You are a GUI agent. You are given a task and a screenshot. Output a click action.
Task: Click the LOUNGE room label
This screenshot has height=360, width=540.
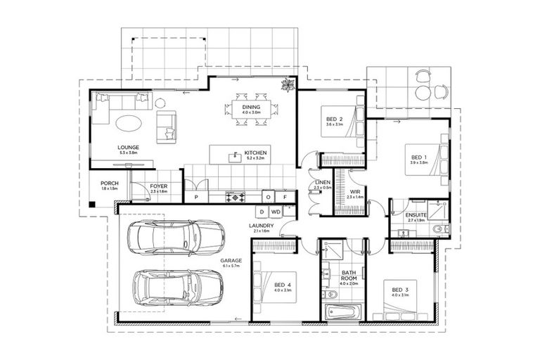tap(128, 147)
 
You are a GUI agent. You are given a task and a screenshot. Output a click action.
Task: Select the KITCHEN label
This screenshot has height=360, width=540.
tap(254, 153)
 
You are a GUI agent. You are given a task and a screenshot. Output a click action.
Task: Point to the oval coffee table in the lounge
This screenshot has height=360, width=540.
tap(128, 122)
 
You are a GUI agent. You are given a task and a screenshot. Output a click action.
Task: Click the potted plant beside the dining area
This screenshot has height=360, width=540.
tap(287, 86)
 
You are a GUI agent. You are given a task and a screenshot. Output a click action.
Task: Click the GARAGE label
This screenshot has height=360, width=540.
tap(230, 260)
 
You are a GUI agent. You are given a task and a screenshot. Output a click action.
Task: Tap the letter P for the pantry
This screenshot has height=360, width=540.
tap(196, 198)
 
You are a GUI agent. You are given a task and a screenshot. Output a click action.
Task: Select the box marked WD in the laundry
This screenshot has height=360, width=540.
tap(276, 211)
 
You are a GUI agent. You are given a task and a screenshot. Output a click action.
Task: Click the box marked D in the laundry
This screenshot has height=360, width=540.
tap(261, 211)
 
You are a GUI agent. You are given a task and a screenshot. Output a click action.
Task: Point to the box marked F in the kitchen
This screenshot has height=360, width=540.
tap(285, 198)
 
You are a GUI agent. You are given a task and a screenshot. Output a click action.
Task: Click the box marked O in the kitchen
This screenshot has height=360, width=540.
tap(269, 198)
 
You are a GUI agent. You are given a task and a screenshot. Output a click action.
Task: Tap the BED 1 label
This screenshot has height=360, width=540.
tap(418, 157)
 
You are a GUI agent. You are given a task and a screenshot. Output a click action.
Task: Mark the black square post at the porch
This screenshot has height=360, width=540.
tap(91, 205)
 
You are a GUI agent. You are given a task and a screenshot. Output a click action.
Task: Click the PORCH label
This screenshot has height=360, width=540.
tap(110, 184)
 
